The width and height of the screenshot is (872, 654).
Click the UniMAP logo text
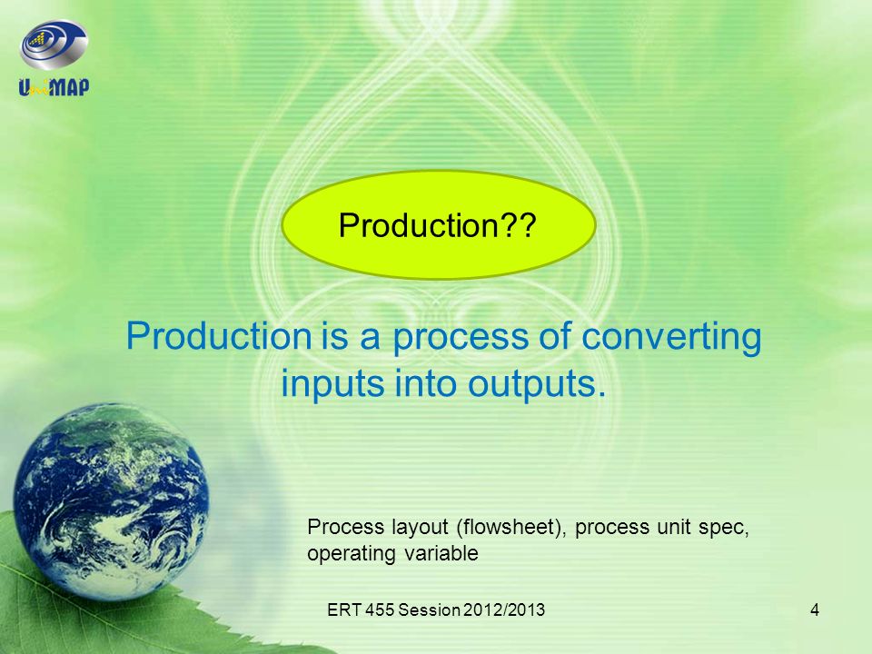tap(54, 87)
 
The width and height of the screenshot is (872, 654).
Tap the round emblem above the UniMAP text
tap(54, 45)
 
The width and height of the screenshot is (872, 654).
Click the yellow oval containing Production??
tap(439, 224)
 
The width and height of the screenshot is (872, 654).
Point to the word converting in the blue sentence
tap(671, 337)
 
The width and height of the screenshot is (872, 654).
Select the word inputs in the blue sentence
tap(332, 383)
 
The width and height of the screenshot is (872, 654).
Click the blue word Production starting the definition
tap(219, 336)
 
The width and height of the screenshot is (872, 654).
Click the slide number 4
tap(815, 610)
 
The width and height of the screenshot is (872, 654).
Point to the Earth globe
tap(111, 500)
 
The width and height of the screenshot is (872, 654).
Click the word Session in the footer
tap(429, 610)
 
